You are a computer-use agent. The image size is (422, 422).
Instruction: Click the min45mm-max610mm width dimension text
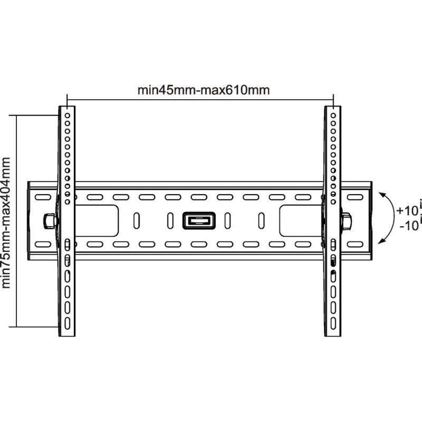(x=204, y=90)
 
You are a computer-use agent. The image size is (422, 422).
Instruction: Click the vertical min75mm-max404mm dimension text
(x=6, y=223)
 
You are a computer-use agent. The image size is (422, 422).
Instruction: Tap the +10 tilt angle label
(x=407, y=210)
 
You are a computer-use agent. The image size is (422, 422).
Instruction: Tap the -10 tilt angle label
(x=409, y=226)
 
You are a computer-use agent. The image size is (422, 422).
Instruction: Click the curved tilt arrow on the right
(x=391, y=218)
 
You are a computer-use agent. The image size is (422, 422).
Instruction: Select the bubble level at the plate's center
(x=199, y=220)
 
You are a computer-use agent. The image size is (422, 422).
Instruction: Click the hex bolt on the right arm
(x=346, y=221)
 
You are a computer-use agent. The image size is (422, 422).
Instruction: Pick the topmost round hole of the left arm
(x=68, y=116)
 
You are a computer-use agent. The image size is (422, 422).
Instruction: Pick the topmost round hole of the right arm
(x=333, y=116)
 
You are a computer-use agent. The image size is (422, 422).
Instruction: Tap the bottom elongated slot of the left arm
(x=68, y=323)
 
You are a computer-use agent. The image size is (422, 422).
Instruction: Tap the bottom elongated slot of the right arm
(x=333, y=323)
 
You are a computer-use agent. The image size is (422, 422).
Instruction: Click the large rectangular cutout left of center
(x=97, y=220)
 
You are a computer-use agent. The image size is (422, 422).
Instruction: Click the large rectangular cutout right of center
(x=301, y=220)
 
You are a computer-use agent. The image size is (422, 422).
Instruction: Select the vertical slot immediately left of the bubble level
(x=170, y=220)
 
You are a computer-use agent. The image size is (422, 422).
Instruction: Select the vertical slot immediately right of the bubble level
(x=227, y=220)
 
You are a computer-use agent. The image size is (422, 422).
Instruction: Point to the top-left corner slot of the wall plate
(x=43, y=197)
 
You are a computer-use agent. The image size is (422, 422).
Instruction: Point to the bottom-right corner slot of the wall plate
(x=355, y=244)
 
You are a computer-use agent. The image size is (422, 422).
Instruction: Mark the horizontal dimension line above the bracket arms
(x=200, y=100)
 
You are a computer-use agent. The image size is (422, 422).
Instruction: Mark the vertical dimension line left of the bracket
(x=17, y=221)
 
